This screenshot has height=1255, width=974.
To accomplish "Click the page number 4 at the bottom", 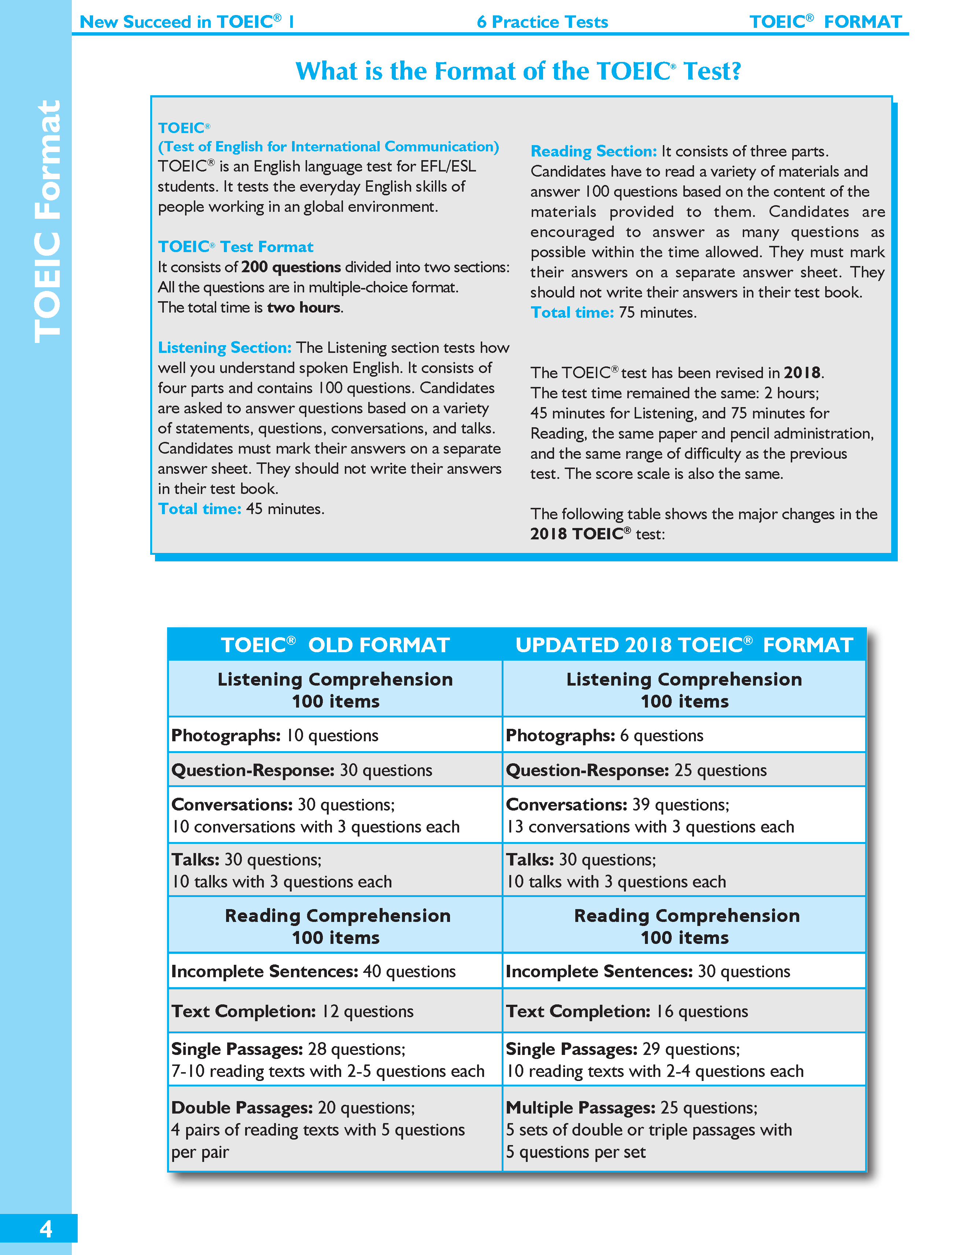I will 45,1229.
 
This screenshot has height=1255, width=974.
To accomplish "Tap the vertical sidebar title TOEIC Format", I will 47,222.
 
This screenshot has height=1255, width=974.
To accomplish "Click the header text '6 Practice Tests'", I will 542,22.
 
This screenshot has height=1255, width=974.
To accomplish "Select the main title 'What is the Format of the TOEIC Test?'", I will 518,71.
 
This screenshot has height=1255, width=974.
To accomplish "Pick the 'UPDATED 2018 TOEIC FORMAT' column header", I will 684,645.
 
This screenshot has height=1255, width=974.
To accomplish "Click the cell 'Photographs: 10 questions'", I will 275,735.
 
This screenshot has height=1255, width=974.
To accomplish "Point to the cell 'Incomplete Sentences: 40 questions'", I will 313,971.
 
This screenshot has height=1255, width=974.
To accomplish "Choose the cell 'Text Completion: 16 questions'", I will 626,1011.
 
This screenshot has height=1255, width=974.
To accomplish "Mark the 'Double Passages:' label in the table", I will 242,1107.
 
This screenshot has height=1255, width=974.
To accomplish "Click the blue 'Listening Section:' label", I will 225,348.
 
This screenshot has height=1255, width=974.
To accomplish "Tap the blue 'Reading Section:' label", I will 593,151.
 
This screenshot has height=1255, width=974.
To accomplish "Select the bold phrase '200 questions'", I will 291,267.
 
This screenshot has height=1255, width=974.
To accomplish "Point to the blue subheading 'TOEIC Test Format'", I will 236,247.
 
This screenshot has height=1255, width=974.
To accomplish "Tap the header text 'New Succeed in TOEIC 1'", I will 187,22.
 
